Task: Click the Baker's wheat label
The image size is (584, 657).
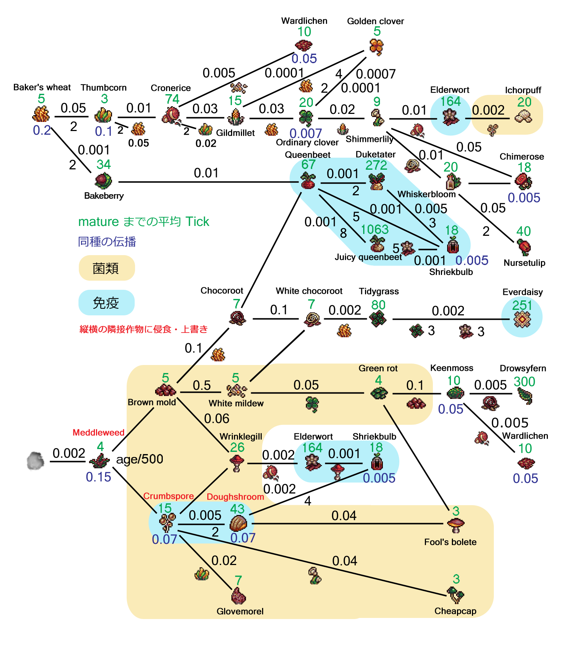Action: tap(42, 88)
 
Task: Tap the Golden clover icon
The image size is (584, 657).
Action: tap(376, 47)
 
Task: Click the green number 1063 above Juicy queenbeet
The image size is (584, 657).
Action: tap(374, 230)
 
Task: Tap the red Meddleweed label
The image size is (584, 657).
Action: tap(99, 433)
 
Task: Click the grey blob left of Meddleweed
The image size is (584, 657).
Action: tap(36, 461)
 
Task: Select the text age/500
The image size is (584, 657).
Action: tap(139, 459)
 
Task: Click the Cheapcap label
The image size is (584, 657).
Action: tap(455, 611)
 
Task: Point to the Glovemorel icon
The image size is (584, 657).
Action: tap(239, 596)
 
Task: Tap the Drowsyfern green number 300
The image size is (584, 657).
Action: tap(524, 382)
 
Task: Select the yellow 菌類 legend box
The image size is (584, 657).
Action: tap(107, 268)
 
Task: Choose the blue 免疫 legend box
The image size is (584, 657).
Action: tap(106, 303)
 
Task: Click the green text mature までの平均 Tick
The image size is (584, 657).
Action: tap(144, 222)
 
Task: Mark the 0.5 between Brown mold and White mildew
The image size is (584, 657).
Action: tap(202, 385)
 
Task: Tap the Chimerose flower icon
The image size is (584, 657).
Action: tap(523, 181)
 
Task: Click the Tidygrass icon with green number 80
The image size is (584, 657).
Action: tap(378, 319)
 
